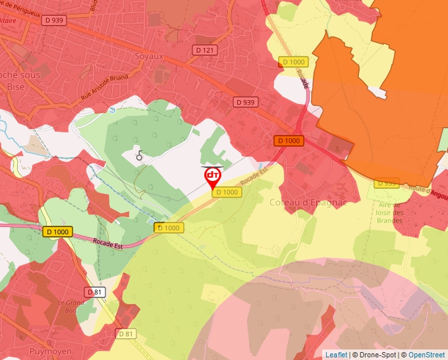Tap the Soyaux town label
click(x=149, y=57)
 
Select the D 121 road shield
click(x=205, y=50)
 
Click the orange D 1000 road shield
click(x=289, y=141)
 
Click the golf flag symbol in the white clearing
click(x=139, y=155)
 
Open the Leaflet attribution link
click(x=336, y=355)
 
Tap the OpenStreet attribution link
click(x=426, y=355)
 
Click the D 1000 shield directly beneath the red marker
click(x=227, y=192)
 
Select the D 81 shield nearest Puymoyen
click(x=126, y=334)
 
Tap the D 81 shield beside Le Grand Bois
click(x=94, y=292)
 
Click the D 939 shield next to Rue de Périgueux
click(x=54, y=20)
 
